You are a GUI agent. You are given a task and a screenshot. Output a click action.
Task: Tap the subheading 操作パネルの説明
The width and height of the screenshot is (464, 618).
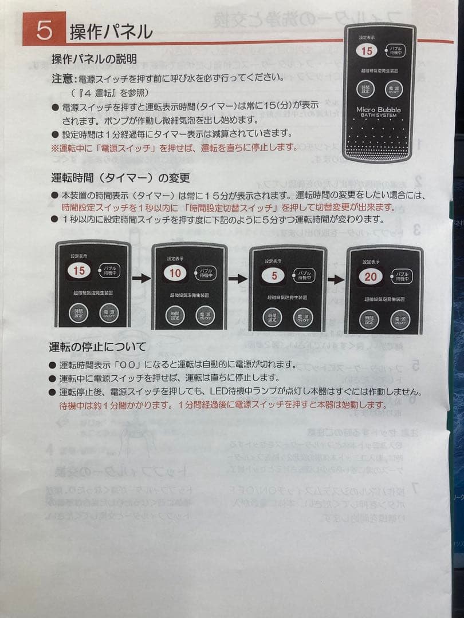(x=94, y=59)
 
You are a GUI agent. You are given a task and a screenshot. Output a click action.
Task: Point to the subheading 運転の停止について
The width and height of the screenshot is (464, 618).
(x=97, y=347)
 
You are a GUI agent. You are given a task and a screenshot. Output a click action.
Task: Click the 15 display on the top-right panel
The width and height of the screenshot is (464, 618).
(x=367, y=51)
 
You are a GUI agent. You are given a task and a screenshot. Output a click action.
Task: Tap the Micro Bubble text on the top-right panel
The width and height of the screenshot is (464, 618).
(x=379, y=109)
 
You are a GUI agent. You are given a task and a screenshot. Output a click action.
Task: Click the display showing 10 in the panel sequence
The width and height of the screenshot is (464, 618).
(x=175, y=273)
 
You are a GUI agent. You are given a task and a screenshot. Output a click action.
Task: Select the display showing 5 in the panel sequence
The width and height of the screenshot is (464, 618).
(x=274, y=276)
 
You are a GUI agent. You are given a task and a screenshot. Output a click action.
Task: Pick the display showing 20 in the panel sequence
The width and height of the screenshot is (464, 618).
(x=371, y=277)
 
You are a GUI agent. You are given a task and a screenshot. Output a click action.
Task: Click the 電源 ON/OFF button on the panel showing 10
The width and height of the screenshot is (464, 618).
(x=204, y=315)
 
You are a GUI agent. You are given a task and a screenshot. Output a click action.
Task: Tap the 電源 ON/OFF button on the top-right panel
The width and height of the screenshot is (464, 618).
(x=394, y=89)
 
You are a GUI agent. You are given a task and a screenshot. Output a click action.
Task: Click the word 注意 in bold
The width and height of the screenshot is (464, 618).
(x=62, y=77)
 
